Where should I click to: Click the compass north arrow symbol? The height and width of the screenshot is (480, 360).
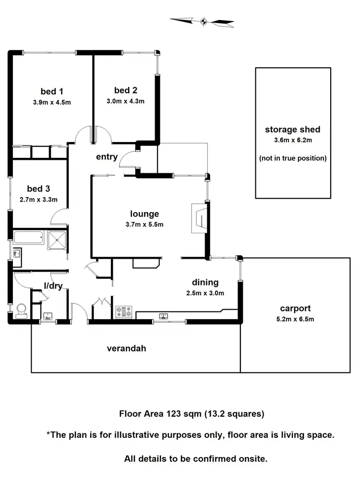click(x=202, y=21)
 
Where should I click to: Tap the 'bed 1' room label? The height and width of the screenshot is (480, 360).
click(x=52, y=91)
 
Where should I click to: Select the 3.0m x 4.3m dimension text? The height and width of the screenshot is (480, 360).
click(x=125, y=101)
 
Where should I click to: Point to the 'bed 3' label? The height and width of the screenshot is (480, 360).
click(x=38, y=188)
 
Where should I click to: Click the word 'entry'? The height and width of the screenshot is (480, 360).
click(x=107, y=157)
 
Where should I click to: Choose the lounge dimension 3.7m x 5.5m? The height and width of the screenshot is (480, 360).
click(x=144, y=224)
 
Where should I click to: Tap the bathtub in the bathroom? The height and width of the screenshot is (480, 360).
click(x=28, y=237)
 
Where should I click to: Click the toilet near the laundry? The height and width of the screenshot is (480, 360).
click(x=21, y=311)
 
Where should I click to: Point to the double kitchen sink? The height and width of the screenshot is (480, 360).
click(x=164, y=316)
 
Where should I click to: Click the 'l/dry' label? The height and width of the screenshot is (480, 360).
click(x=53, y=286)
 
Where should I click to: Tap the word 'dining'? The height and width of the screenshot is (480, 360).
click(x=205, y=282)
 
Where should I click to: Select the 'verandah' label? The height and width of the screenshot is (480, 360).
click(x=126, y=348)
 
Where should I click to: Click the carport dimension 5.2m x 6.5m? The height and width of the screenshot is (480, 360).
click(x=295, y=319)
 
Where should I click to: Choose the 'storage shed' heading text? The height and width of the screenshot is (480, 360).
click(x=292, y=130)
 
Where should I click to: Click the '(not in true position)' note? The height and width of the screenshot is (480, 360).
click(x=292, y=158)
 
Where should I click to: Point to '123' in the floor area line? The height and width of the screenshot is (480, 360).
click(x=173, y=413)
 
